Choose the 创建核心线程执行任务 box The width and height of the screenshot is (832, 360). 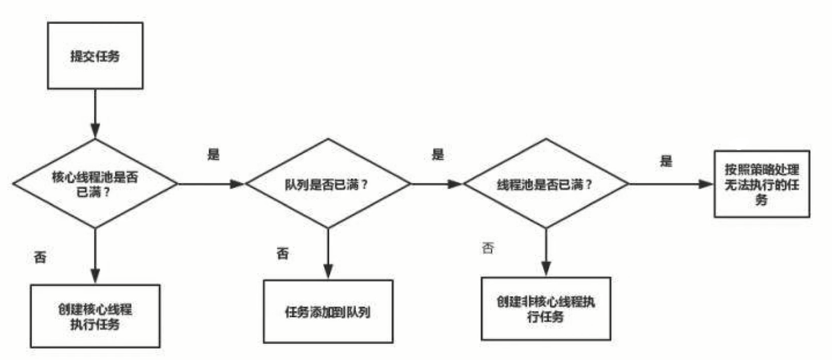click(95, 316)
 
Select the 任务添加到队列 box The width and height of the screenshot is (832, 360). click(328, 311)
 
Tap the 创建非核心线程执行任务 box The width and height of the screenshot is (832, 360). click(546, 308)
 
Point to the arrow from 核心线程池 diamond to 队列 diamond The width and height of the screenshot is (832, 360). click(211, 184)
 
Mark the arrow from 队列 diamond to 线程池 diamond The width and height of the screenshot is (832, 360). click(436, 184)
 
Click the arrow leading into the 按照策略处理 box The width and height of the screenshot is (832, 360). click(670, 184)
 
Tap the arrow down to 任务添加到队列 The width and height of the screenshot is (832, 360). click(328, 253)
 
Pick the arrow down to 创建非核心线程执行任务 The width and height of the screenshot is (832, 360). click(546, 252)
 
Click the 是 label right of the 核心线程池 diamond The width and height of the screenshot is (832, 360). click(214, 155)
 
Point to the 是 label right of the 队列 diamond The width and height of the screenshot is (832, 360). click(438, 155)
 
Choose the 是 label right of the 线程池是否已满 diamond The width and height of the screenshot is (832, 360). click(667, 161)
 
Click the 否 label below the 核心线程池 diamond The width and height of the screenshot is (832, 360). click(40, 259)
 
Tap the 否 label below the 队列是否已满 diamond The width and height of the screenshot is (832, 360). click(282, 253)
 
